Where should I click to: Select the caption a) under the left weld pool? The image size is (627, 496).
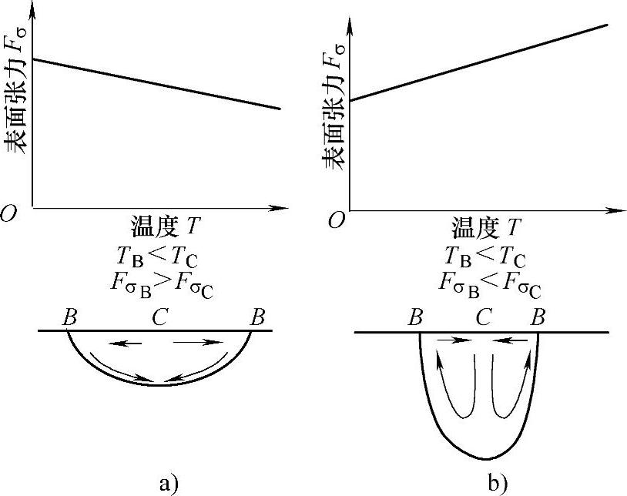click(168, 483)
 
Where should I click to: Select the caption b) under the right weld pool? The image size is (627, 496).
click(498, 483)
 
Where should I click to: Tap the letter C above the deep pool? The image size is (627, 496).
click(482, 317)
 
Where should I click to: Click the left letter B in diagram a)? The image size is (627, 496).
click(69, 317)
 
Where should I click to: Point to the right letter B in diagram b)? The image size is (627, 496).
click(538, 317)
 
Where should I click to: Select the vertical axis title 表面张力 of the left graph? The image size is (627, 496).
click(18, 92)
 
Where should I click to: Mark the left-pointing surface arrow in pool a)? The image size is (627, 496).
click(123, 343)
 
